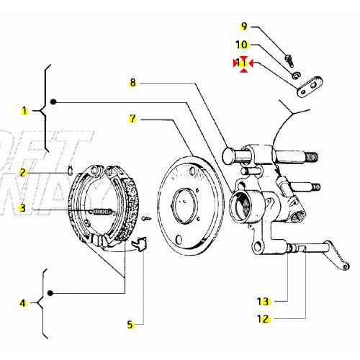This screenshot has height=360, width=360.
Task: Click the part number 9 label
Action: [x=244, y=27]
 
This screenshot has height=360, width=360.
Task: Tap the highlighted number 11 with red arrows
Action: [x=243, y=63]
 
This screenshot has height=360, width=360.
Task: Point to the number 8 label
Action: [x=132, y=83]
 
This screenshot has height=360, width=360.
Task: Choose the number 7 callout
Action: [x=132, y=118]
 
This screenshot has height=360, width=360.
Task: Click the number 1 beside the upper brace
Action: [x=24, y=111]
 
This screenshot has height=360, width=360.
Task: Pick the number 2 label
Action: [x=24, y=173]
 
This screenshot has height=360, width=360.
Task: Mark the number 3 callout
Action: [x=24, y=208]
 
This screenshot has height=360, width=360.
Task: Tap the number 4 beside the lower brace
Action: [x=24, y=303]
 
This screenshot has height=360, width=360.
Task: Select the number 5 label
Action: [x=130, y=325]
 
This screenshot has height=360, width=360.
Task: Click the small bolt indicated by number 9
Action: [x=288, y=58]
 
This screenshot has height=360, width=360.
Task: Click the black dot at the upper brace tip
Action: [x=53, y=102]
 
